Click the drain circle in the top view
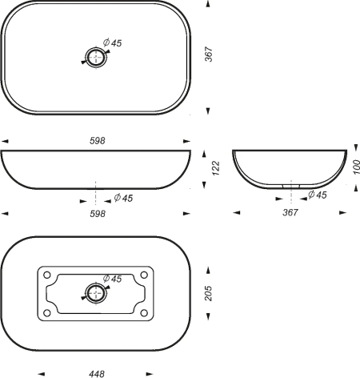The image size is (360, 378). [96, 50]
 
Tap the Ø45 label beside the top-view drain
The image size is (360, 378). [113, 42]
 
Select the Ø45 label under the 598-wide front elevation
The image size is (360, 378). [123, 198]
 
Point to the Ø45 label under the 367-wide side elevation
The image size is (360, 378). [318, 195]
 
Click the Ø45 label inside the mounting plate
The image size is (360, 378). [113, 279]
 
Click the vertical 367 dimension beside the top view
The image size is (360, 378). [209, 54]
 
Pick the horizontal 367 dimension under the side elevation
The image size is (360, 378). [290, 212]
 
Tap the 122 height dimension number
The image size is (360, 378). [215, 168]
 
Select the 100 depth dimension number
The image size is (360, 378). [356, 167]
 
